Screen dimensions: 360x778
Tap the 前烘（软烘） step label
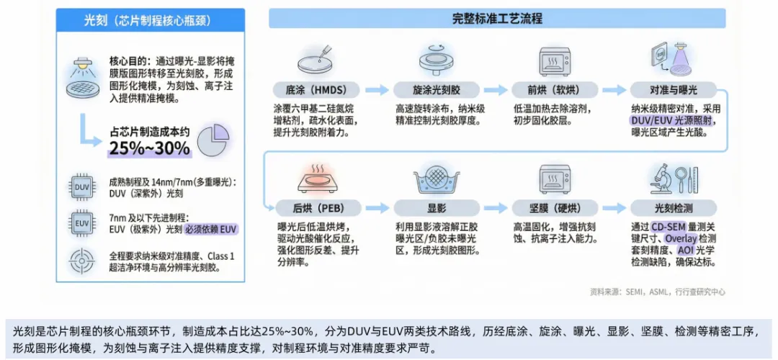pyautogui.click(x=551, y=90)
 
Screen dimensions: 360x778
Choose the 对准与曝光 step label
pyautogui.click(x=674, y=90)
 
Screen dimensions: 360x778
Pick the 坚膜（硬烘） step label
pyautogui.click(x=551, y=209)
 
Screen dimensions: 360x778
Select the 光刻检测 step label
pyautogui.click(x=674, y=209)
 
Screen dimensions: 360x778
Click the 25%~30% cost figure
pyautogui.click(x=149, y=149)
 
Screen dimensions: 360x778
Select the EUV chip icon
pyautogui.click(x=81, y=222)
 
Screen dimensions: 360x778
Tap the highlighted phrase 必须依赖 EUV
pyautogui.click(x=211, y=230)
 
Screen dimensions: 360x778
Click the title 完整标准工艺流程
pyautogui.click(x=497, y=19)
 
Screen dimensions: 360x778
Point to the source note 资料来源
pyautogui.click(x=657, y=292)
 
